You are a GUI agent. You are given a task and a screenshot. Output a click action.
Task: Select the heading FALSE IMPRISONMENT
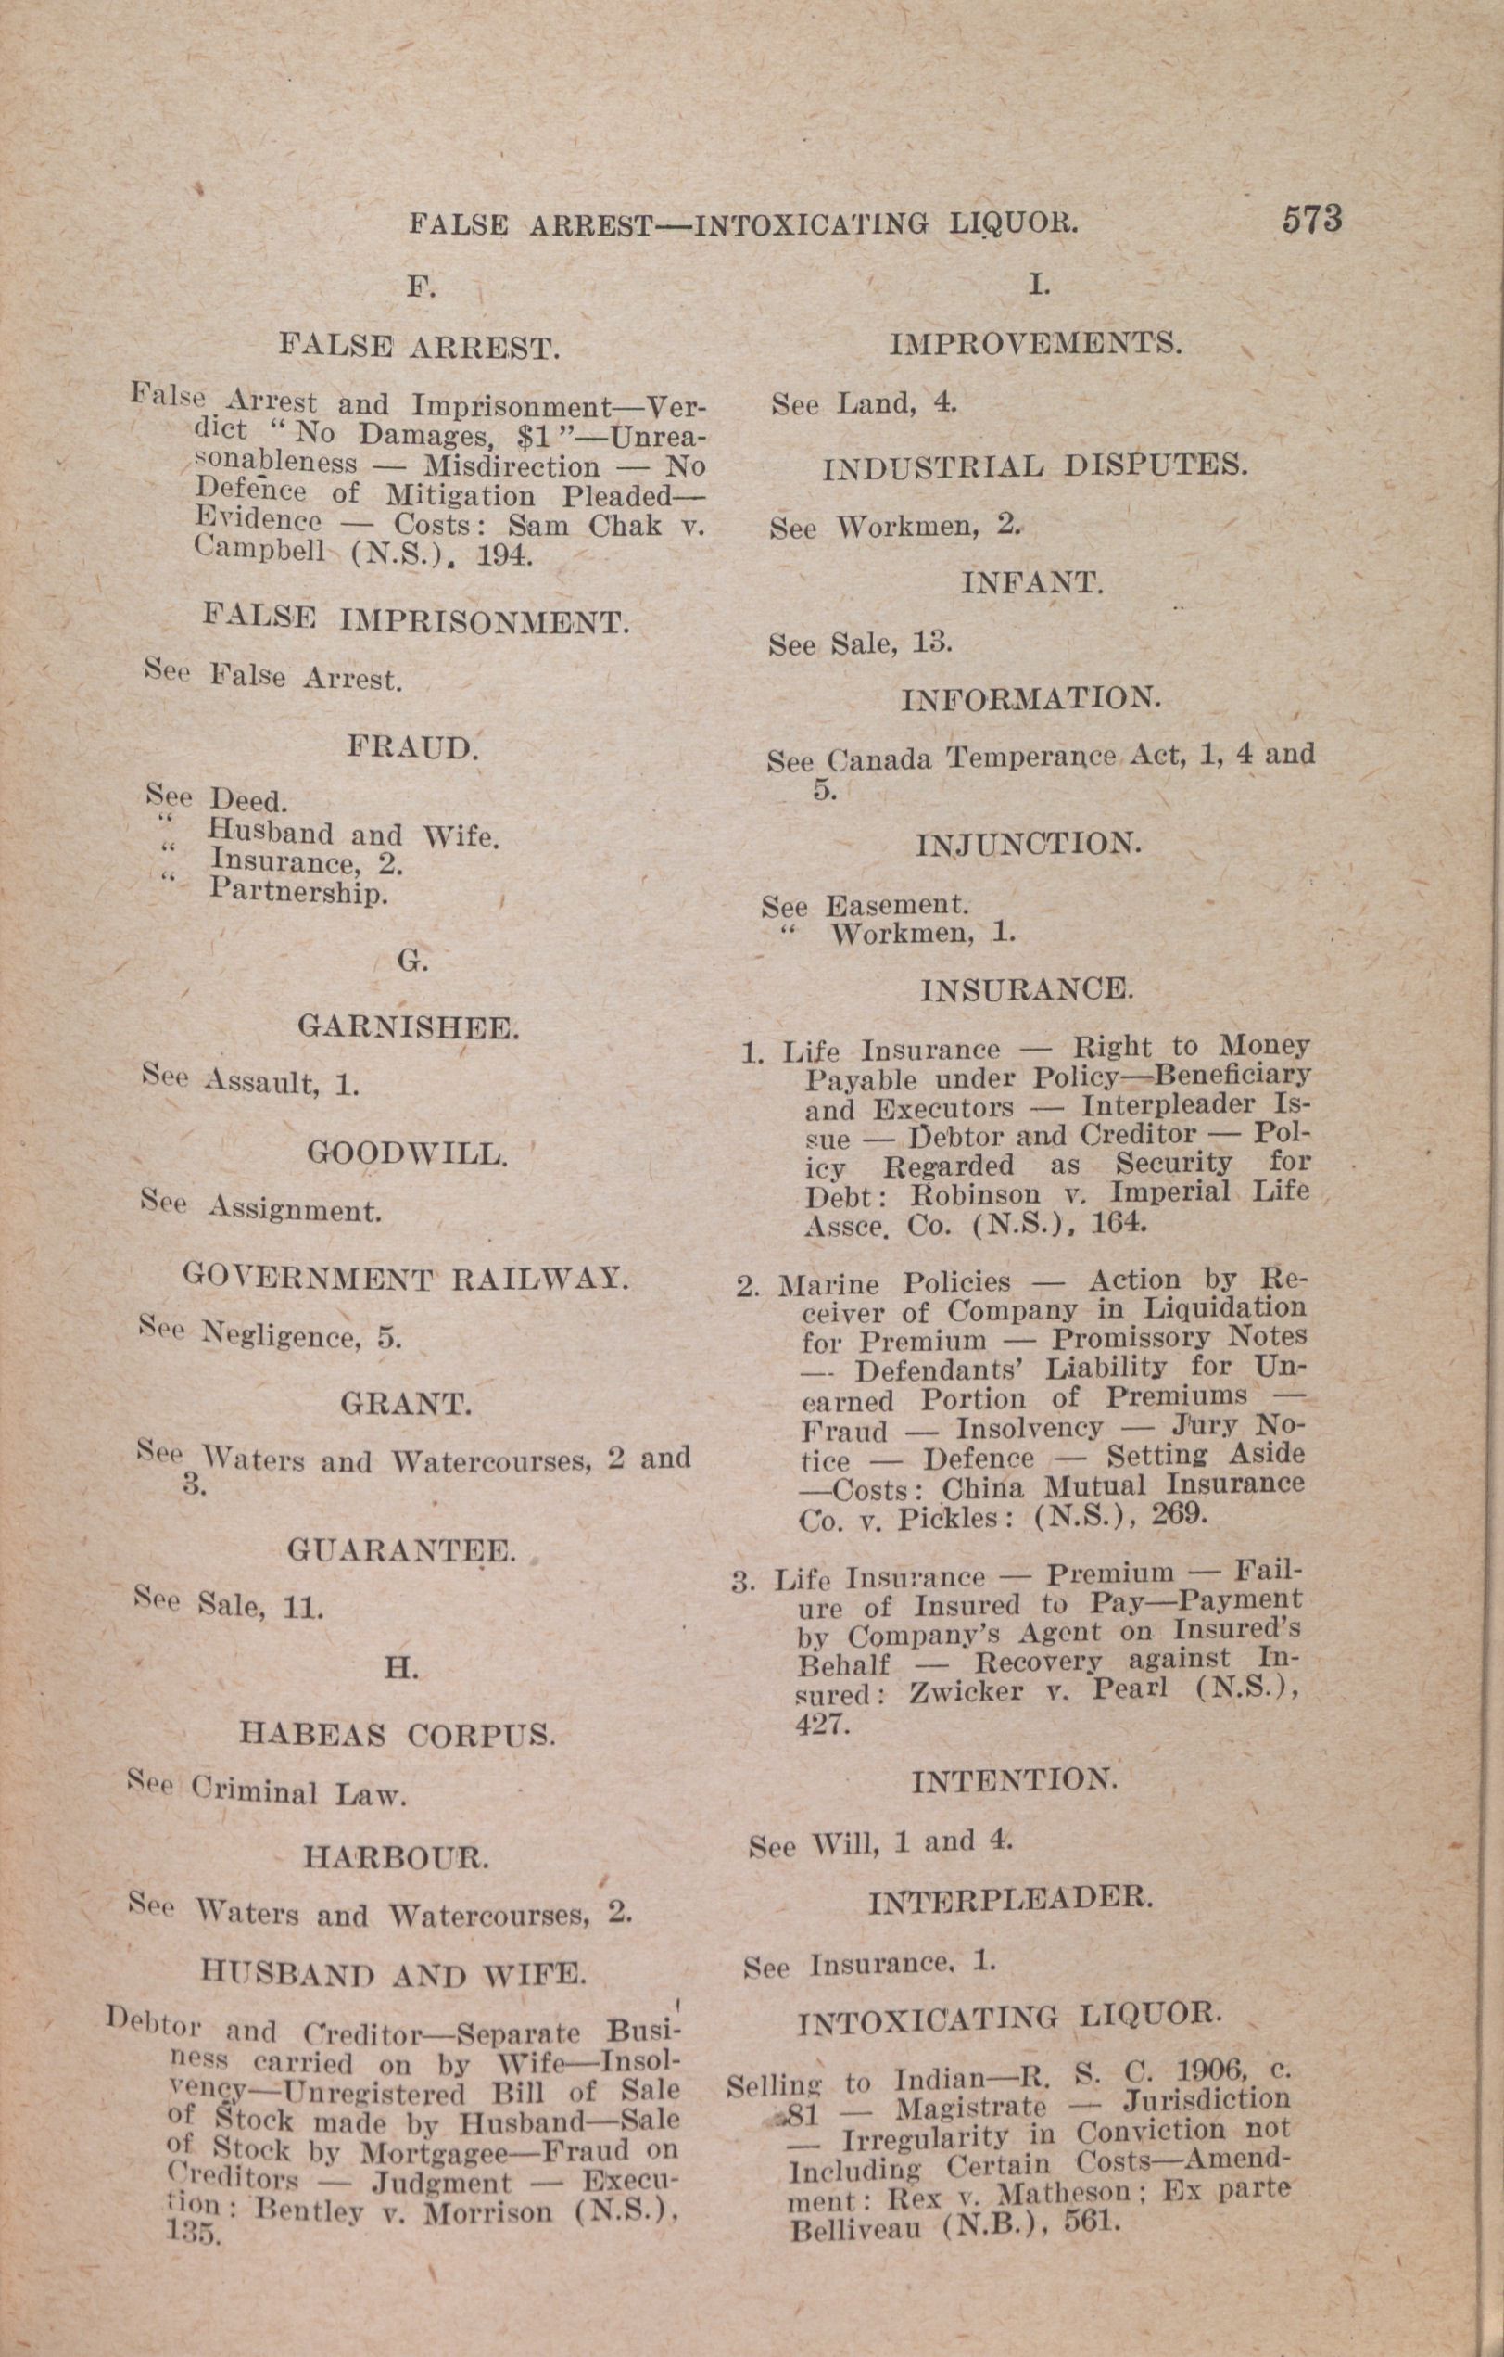(x=416, y=620)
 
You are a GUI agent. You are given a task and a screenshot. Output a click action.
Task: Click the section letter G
(x=413, y=962)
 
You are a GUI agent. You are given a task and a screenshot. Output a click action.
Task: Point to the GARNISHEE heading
(x=407, y=1027)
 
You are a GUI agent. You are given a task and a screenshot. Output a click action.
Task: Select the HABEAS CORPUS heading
(x=398, y=1735)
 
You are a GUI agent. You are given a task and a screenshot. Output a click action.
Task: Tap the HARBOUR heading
(x=397, y=1856)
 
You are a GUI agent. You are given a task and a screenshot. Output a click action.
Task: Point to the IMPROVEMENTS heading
(x=1035, y=344)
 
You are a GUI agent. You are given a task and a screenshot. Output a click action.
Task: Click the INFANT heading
(x=1032, y=584)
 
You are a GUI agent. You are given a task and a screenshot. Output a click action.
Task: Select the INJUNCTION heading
(x=1029, y=844)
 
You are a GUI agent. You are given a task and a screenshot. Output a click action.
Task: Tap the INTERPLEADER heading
(x=1011, y=1900)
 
